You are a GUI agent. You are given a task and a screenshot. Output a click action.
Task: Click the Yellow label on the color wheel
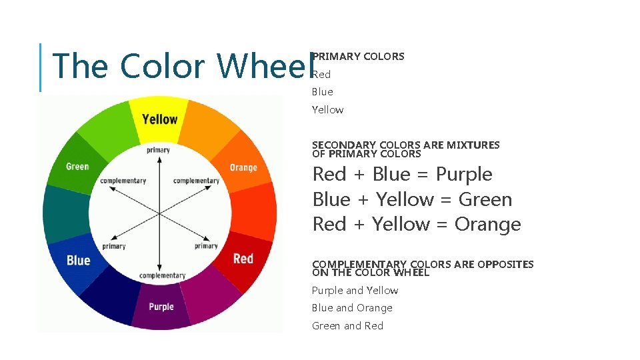[x=159, y=119]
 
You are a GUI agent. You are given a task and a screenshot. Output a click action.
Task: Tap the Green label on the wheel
[x=77, y=166]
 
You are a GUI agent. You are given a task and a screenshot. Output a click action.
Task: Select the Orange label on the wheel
[x=243, y=167]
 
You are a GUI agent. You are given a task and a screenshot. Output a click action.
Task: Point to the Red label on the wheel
[x=243, y=259]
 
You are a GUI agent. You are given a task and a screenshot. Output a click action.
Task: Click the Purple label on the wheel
[x=161, y=307]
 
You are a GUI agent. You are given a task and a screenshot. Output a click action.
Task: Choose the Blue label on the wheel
[x=78, y=260]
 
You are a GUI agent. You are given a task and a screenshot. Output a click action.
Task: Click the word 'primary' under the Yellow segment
[x=159, y=150]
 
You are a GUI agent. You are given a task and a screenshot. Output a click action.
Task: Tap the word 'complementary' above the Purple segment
[x=162, y=275]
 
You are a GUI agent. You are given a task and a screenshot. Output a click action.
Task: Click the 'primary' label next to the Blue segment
[x=114, y=246]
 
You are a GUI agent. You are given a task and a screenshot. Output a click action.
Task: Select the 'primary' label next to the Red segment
[x=206, y=246]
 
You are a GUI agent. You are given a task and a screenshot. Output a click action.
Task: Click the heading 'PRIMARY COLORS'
[x=359, y=57]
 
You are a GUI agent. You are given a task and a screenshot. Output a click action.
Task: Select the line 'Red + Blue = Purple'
[x=402, y=175]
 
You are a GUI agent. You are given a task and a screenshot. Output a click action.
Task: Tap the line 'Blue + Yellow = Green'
[x=412, y=199]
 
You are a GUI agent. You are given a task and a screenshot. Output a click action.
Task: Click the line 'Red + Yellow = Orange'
[x=416, y=225]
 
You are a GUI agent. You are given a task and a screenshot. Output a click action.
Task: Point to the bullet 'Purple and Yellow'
[x=355, y=291]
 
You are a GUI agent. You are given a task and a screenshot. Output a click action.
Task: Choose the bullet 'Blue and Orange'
[x=352, y=308]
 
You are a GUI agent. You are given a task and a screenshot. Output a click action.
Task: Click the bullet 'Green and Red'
[x=347, y=326]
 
